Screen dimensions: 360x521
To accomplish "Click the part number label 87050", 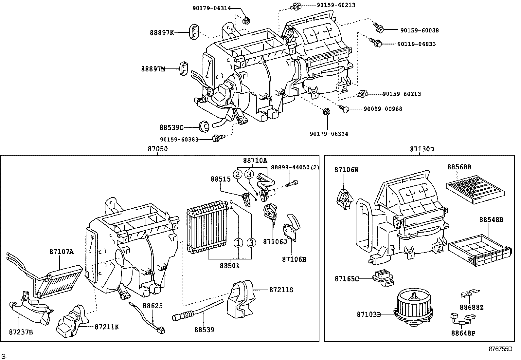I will [x=157, y=149].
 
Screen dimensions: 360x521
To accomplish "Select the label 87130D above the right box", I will [x=422, y=149].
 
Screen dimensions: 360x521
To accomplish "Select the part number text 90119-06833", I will [x=416, y=44].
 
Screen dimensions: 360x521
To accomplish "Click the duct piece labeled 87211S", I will [x=242, y=299].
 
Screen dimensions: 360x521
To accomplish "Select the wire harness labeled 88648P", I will [x=462, y=320].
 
